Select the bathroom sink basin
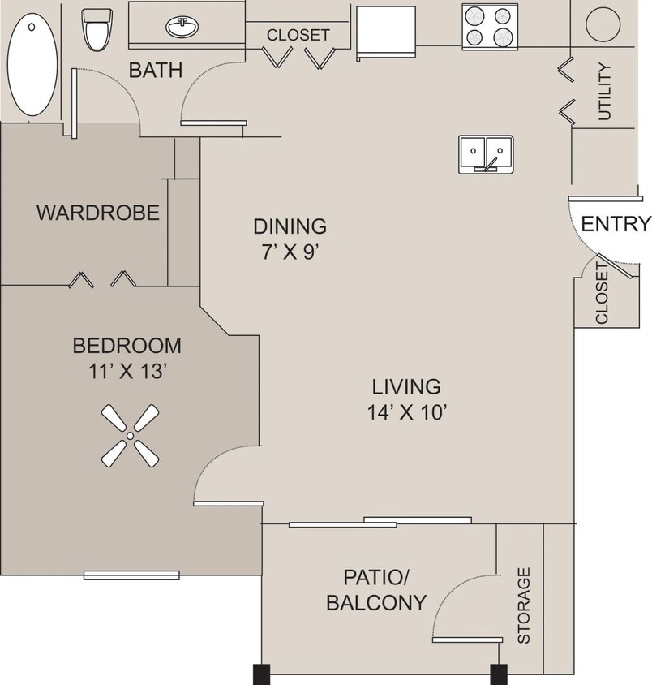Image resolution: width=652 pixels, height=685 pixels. [x=184, y=28]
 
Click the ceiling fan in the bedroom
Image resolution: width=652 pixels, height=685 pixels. [x=130, y=436]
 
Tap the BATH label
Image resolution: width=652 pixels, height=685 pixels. [x=156, y=71]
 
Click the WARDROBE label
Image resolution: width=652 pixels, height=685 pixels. [x=98, y=213]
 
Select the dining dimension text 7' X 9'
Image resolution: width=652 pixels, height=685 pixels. [x=290, y=251]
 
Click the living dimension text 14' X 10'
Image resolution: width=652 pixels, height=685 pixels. [x=406, y=412]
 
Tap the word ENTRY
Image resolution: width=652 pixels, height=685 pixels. [x=616, y=224]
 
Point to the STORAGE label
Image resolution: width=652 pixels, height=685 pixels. [x=524, y=605]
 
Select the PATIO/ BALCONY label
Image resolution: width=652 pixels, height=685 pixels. [x=376, y=590]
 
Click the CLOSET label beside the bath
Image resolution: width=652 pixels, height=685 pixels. [x=298, y=35]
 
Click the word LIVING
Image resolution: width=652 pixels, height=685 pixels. [x=406, y=386]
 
